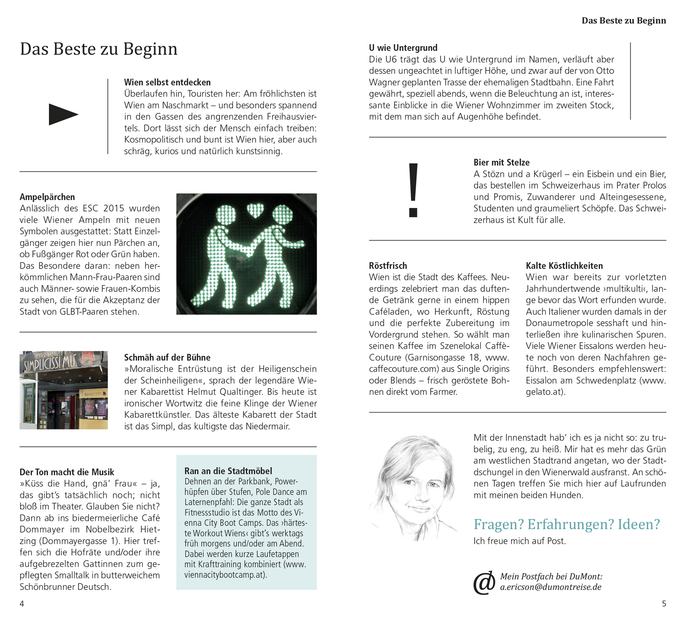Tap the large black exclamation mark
point(413,190)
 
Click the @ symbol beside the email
point(484,583)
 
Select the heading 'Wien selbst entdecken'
point(167,82)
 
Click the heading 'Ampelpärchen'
point(47,197)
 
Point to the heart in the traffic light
point(255,211)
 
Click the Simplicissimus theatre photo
point(64,390)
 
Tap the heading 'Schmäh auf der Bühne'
point(167,357)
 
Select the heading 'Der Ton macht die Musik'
point(67,472)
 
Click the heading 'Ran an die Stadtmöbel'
point(228,471)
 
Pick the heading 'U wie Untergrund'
point(403,48)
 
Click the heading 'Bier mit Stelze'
point(501,162)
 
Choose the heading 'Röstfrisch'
point(388,265)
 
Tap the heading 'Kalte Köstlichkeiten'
point(564,265)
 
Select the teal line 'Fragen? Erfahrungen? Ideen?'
point(567,524)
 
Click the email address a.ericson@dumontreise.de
point(551,587)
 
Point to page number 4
point(21,604)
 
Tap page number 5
point(664,604)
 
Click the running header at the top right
point(623,21)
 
